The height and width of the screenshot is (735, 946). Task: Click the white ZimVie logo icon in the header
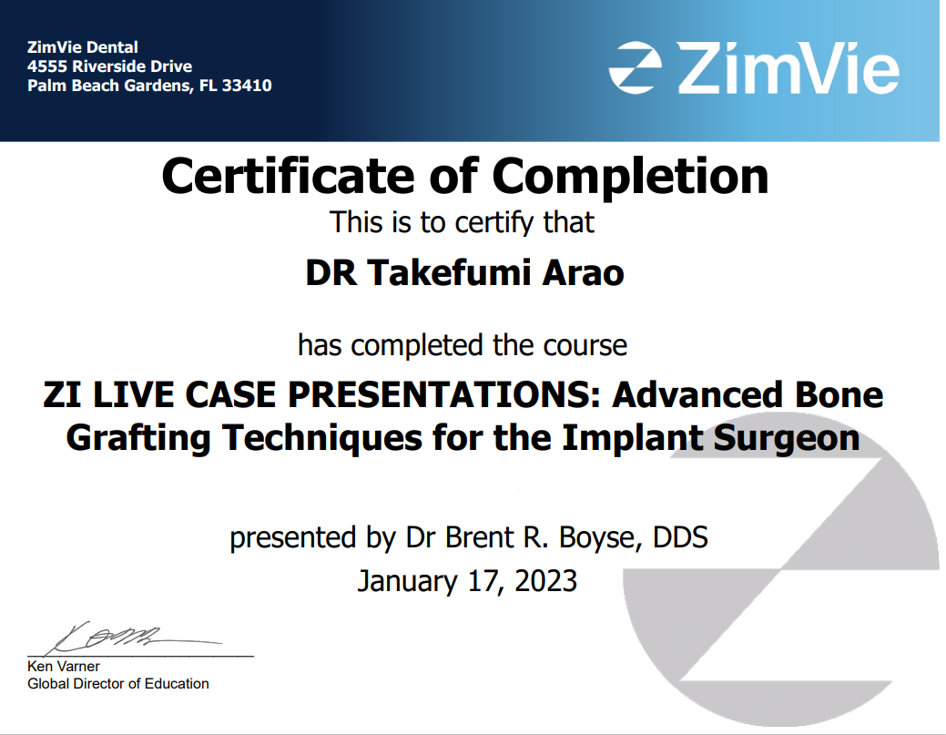pos(635,67)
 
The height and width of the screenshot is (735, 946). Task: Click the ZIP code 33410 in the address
pos(247,86)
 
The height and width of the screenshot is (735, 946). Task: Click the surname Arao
pos(584,273)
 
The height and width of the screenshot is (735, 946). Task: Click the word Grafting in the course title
pos(138,439)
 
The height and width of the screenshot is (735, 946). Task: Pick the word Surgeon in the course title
pos(786,439)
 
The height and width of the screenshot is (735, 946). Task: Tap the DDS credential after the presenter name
pos(680,537)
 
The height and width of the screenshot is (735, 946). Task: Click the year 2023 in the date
pos(546,580)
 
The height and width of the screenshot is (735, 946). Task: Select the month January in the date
pos(408,582)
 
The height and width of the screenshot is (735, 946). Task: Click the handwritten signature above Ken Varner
pos(134,638)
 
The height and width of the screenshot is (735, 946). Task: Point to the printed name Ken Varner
pos(64,666)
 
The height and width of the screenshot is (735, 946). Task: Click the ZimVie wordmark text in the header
pos(788,67)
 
